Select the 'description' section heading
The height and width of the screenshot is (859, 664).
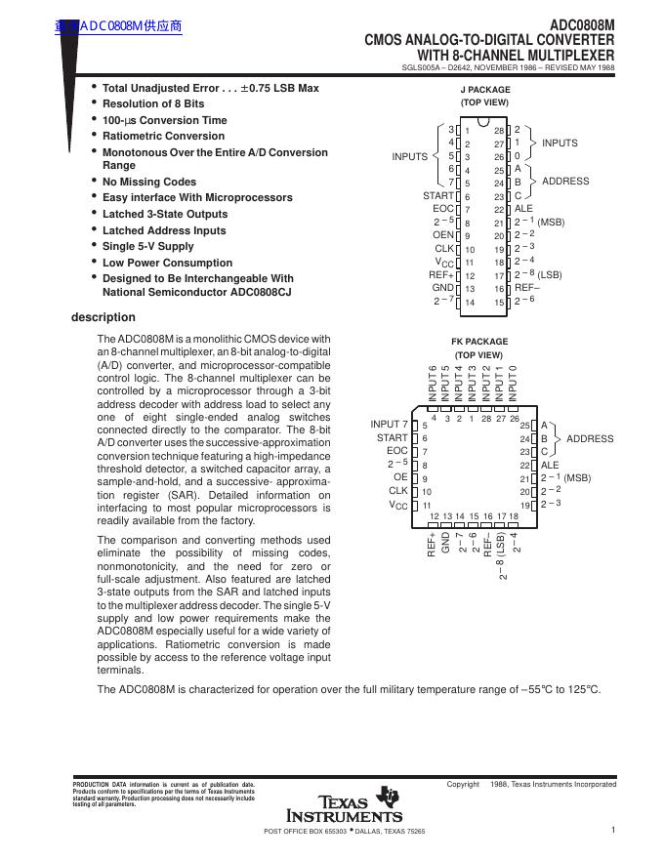[104, 317]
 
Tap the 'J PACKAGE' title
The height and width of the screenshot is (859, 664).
[485, 90]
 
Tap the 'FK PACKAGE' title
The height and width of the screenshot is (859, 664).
[479, 342]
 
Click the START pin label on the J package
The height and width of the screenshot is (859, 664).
[438, 196]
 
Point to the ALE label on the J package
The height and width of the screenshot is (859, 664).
[523, 209]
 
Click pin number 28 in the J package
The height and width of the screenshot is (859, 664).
[498, 131]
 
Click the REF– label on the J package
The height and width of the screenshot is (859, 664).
[527, 288]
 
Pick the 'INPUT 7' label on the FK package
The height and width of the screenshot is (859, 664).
[390, 425]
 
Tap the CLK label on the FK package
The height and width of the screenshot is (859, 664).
[398, 491]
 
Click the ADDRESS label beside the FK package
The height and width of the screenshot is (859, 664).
[590, 439]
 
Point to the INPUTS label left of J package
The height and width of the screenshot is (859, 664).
[410, 156]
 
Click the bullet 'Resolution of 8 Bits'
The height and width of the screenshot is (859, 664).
[153, 103]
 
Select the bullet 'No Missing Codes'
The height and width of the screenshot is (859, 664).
[149, 182]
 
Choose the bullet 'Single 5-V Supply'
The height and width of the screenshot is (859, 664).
[148, 246]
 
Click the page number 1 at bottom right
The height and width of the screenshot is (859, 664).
[612, 830]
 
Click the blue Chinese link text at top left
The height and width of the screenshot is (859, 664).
[119, 25]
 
